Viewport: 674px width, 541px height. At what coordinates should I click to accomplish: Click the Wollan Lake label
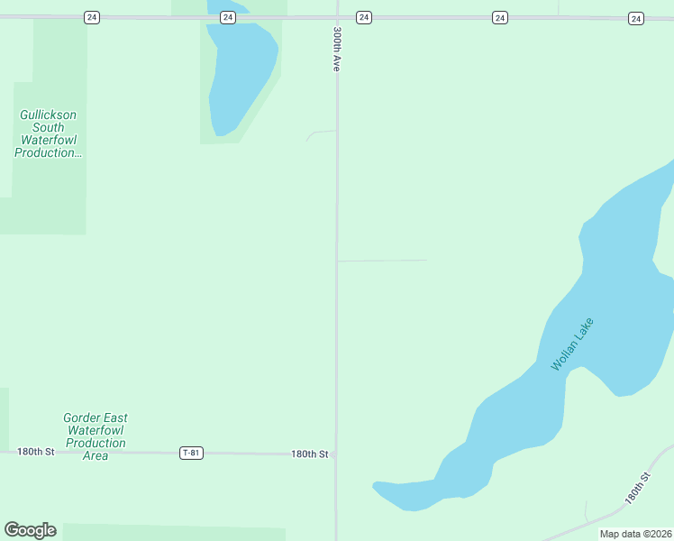[573, 344]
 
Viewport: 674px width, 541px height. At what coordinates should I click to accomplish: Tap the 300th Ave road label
[336, 50]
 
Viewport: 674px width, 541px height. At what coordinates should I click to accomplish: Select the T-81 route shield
[191, 453]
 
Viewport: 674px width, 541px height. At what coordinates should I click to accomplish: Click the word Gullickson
[49, 115]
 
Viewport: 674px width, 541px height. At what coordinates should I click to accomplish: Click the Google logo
[30, 530]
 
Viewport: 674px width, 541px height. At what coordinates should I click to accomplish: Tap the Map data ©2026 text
[635, 534]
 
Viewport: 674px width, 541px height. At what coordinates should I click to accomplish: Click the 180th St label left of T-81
[36, 451]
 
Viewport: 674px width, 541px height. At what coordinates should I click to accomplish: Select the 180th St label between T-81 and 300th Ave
[309, 454]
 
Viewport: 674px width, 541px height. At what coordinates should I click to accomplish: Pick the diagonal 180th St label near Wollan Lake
[637, 488]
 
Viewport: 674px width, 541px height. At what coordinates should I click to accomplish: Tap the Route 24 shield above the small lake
[227, 17]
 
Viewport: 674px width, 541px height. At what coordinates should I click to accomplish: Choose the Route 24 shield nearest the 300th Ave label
[363, 17]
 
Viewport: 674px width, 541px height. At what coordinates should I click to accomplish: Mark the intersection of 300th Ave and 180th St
[337, 454]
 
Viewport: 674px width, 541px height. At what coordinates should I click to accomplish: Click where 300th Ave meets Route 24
[337, 17]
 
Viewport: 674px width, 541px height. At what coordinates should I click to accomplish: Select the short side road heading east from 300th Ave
[383, 261]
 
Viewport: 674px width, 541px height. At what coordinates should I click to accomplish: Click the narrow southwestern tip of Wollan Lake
[382, 489]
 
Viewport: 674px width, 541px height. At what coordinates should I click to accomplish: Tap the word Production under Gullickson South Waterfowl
[49, 153]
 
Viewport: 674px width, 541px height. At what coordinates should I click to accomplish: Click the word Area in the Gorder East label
[96, 456]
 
